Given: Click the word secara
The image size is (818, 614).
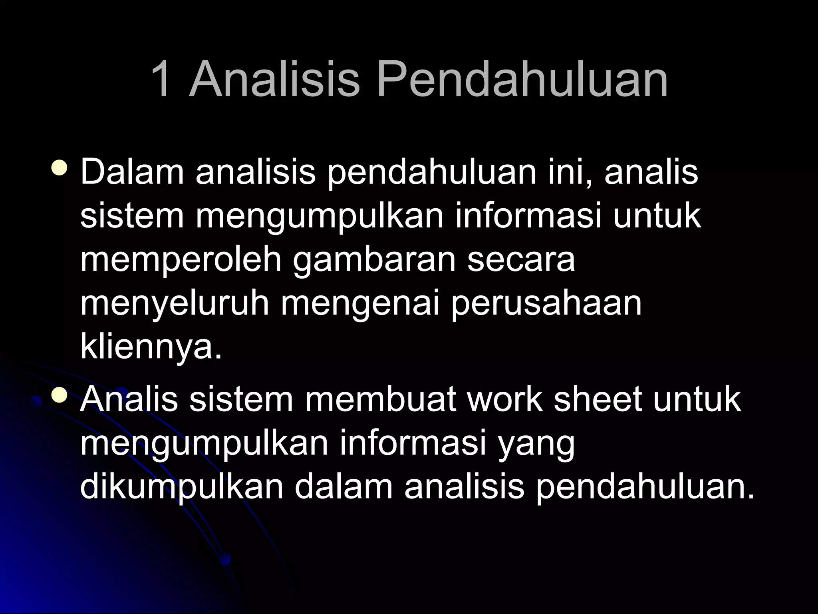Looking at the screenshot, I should coord(521,260).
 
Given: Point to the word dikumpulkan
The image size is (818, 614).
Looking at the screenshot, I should coord(182,488).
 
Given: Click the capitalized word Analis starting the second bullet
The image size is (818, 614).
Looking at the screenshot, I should coord(129,400).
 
